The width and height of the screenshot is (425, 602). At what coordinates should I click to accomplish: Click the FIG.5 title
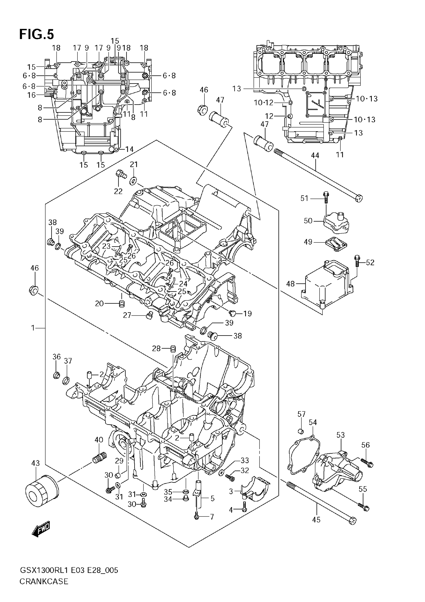[36, 34]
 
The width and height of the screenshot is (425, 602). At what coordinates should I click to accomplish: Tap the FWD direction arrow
[41, 529]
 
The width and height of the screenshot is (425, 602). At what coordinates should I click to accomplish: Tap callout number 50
[308, 221]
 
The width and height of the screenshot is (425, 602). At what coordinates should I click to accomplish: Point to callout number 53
[340, 435]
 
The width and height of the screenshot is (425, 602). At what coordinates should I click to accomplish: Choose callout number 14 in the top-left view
[129, 149]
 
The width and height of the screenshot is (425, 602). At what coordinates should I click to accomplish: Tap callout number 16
[31, 95]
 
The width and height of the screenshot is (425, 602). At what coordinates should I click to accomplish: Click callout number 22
[118, 191]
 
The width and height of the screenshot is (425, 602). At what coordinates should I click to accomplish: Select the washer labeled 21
[133, 181]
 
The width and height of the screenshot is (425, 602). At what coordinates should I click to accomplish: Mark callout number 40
[99, 440]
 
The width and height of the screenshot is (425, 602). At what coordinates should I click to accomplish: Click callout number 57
[301, 414]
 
